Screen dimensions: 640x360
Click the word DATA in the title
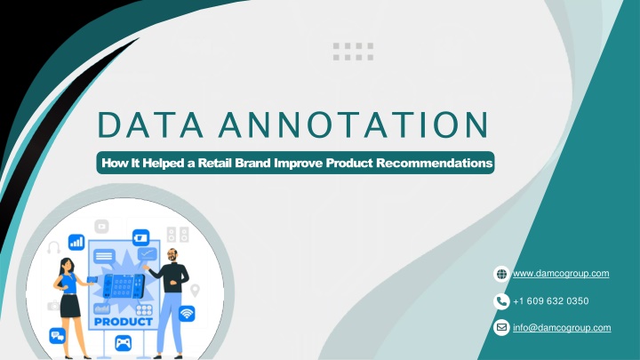[150, 124]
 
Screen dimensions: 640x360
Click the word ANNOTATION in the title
[354, 124]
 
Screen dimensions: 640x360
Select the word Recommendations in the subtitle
[435, 163]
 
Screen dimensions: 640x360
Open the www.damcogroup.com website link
[561, 274]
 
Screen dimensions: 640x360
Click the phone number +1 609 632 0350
[550, 301]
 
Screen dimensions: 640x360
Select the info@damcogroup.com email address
[562, 328]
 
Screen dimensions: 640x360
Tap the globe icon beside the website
[501, 274]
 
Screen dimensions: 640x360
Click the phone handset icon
[501, 301]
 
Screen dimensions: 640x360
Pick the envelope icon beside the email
[501, 327]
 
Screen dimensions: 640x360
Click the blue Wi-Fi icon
[187, 314]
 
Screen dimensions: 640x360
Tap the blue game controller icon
[123, 343]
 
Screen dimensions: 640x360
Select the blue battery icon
[140, 237]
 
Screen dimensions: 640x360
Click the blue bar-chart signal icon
[76, 242]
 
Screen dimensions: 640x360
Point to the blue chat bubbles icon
[58, 335]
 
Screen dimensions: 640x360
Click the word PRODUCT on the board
[124, 322]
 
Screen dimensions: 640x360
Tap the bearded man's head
[172, 255]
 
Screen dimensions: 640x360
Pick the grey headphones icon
[54, 247]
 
